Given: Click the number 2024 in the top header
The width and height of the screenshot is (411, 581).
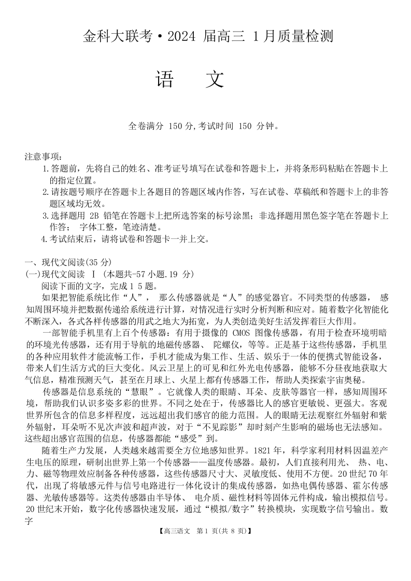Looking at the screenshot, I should point(200,37).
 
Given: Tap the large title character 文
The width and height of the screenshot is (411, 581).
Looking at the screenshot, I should point(214,79).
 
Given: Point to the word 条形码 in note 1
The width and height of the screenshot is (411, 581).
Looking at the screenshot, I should point(320,169).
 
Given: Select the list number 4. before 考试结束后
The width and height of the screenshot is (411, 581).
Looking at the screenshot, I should point(45,239).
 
